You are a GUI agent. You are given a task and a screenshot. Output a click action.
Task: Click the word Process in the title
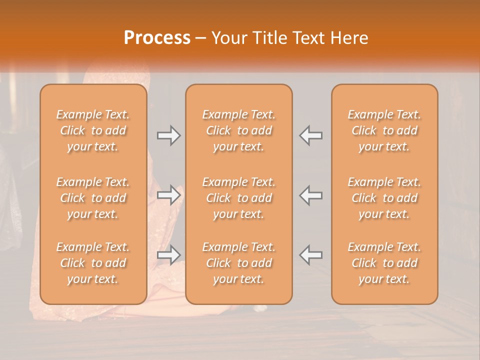[157, 38]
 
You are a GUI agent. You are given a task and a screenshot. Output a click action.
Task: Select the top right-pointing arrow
[168, 135]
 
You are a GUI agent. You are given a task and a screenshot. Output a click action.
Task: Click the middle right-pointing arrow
[168, 195]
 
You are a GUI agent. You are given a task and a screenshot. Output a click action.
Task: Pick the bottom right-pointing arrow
[168, 255]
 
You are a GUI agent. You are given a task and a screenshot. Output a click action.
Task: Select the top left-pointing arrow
[311, 135]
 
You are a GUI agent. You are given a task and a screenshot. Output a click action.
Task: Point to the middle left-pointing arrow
[311, 195]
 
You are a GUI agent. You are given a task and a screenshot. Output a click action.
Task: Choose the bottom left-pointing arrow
[311, 255]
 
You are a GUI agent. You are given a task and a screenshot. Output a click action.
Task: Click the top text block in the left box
[93, 130]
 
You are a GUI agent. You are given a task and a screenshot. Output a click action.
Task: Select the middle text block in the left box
[93, 198]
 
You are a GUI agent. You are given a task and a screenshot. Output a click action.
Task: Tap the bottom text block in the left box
[93, 263]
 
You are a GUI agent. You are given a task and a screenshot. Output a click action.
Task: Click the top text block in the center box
[239, 130]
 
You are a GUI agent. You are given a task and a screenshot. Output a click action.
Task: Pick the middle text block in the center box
[239, 198]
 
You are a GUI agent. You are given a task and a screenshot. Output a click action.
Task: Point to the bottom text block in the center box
[239, 263]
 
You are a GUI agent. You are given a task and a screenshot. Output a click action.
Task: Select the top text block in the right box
[384, 130]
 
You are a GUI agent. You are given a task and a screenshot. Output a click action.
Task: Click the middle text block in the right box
[384, 198]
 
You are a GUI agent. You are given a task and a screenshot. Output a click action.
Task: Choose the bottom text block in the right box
[384, 263]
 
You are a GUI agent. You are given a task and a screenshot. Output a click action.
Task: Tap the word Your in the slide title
[228, 38]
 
